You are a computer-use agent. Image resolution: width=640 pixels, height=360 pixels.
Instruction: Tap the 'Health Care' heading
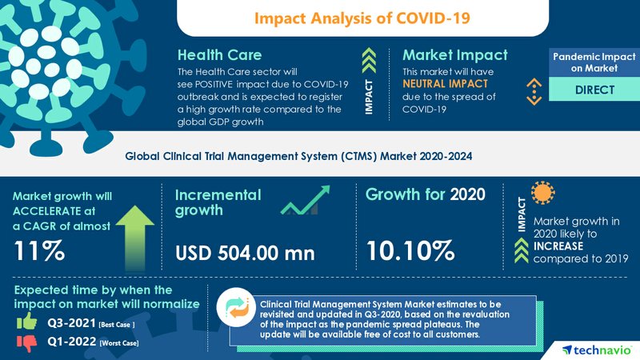click(219, 56)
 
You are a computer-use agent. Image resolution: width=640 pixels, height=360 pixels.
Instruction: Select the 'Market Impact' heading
click(454, 56)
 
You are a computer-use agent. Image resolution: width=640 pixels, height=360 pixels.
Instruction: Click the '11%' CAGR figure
click(39, 250)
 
